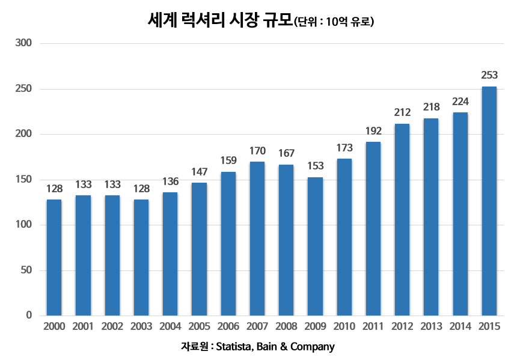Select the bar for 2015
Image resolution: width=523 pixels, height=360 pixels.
(x=489, y=201)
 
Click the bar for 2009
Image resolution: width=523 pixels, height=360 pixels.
(x=315, y=246)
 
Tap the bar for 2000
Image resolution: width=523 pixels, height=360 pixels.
(x=54, y=257)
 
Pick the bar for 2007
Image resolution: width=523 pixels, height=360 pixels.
(x=257, y=239)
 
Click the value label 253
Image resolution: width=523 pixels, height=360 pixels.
(x=489, y=75)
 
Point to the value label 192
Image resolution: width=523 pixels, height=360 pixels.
(x=373, y=130)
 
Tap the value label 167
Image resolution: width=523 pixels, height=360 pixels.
(x=286, y=153)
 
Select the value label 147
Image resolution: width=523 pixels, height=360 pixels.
(x=199, y=171)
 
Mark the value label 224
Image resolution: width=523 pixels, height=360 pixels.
(x=460, y=101)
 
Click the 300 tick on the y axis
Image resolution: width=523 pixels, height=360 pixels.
(x=24, y=43)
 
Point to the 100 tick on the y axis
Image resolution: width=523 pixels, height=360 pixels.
(x=24, y=225)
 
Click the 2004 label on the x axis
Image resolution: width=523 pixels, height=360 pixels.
(x=170, y=326)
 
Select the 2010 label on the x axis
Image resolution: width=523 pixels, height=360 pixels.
(x=344, y=326)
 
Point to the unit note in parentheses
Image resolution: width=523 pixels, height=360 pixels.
(x=334, y=23)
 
